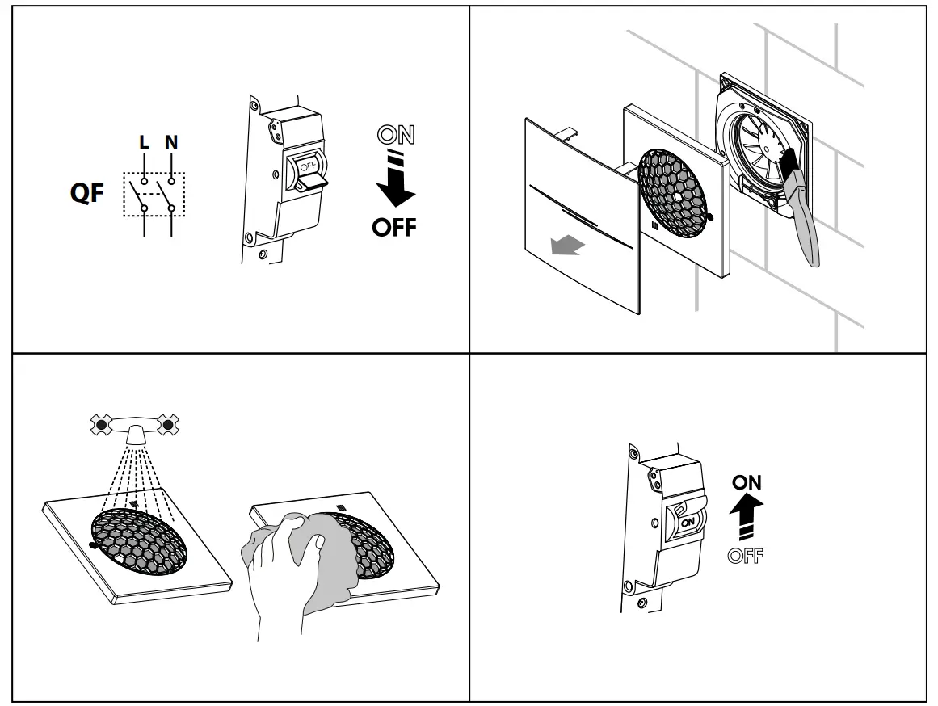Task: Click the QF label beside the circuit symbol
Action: pos(86,194)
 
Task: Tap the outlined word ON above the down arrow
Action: pos(396,136)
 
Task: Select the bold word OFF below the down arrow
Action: pos(394,228)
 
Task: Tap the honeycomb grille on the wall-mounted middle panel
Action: pos(677,186)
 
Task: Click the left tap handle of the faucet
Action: pos(101,423)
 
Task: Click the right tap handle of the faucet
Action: pos(168,423)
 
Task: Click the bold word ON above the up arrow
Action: pos(747,482)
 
